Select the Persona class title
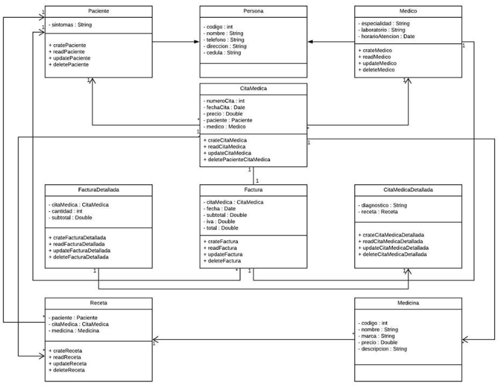pos(253,12)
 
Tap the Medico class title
pos(407,12)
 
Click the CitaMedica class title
pos(253,89)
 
